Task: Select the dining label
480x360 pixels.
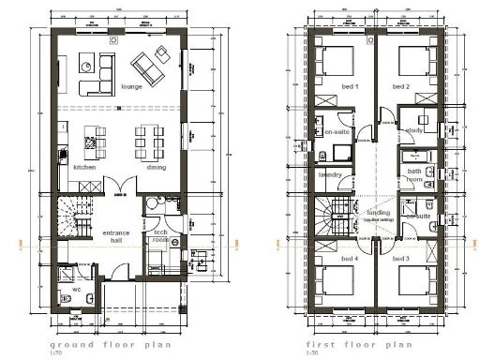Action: (157, 167)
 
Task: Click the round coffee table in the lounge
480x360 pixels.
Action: (86, 66)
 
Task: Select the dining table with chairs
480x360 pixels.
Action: (147, 141)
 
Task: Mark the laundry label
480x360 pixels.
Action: (328, 173)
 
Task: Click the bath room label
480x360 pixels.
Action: (414, 175)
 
